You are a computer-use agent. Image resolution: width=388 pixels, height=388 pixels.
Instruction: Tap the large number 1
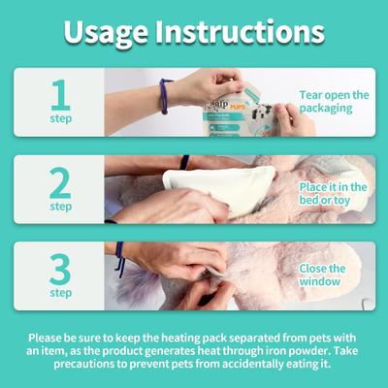60,94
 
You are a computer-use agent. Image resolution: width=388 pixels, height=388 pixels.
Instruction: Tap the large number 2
60,181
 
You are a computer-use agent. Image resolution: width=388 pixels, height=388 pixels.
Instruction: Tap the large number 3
60,268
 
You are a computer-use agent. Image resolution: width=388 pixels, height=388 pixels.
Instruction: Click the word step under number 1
60,119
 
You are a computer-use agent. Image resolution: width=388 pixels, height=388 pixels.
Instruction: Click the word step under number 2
60,207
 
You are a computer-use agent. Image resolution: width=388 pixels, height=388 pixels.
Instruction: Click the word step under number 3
60,293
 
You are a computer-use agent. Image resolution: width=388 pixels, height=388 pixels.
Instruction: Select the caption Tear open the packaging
334,101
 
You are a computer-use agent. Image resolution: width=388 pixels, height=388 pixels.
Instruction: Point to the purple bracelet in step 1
165,96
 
